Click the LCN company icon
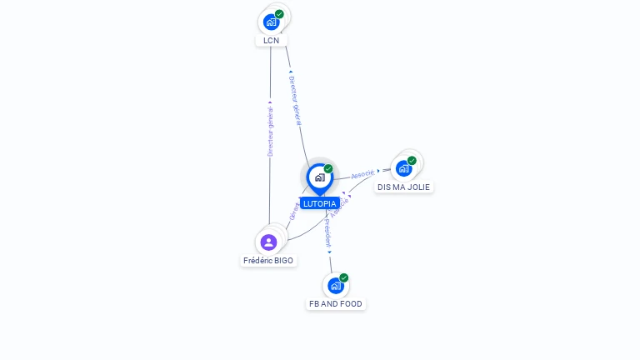[x=271, y=22]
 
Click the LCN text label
[x=271, y=40]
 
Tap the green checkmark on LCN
[x=279, y=14]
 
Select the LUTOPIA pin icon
[x=319, y=177]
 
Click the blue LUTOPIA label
[x=319, y=203]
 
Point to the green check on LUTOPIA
[x=328, y=169]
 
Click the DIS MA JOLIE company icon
[x=403, y=168]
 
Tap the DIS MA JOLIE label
[x=403, y=187]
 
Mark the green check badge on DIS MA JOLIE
[x=412, y=161]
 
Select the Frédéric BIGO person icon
[x=268, y=242]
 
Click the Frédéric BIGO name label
[x=268, y=261]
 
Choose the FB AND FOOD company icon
[x=335, y=286]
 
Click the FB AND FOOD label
[x=336, y=304]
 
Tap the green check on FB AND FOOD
[x=343, y=278]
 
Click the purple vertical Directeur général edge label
[x=270, y=132]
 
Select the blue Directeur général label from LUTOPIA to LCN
[x=295, y=101]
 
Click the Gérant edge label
[x=293, y=211]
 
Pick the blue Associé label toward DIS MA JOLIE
[x=362, y=175]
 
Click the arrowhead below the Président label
[x=329, y=251]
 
